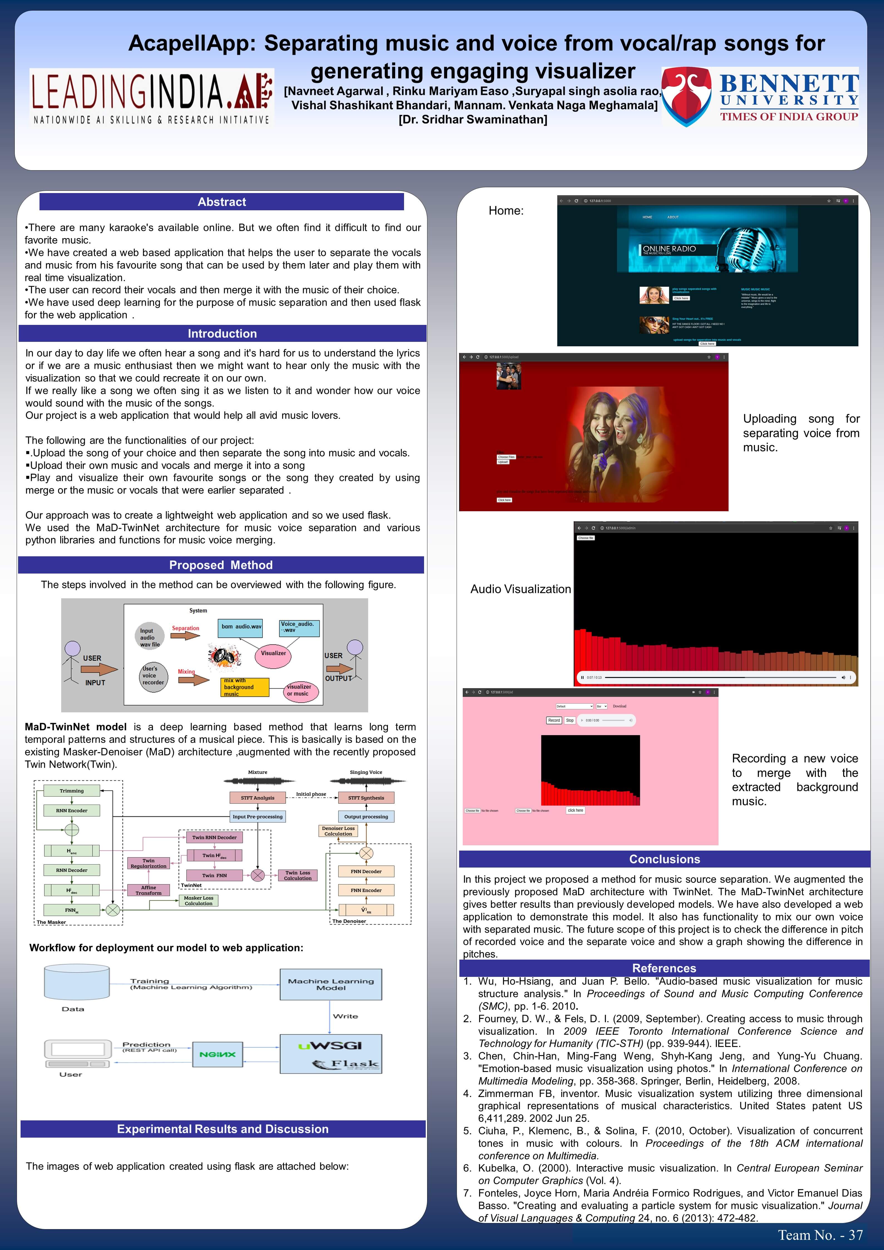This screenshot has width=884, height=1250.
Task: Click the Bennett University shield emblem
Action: click(x=687, y=97)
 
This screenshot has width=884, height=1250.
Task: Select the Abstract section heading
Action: click(x=222, y=202)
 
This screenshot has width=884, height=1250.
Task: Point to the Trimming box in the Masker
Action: click(x=72, y=790)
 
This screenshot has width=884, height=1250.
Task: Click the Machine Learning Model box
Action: click(x=330, y=984)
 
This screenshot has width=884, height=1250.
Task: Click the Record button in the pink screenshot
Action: click(x=554, y=720)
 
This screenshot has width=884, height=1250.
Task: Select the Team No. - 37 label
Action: click(x=820, y=1235)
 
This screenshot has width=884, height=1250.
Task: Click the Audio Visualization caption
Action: click(x=520, y=589)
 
